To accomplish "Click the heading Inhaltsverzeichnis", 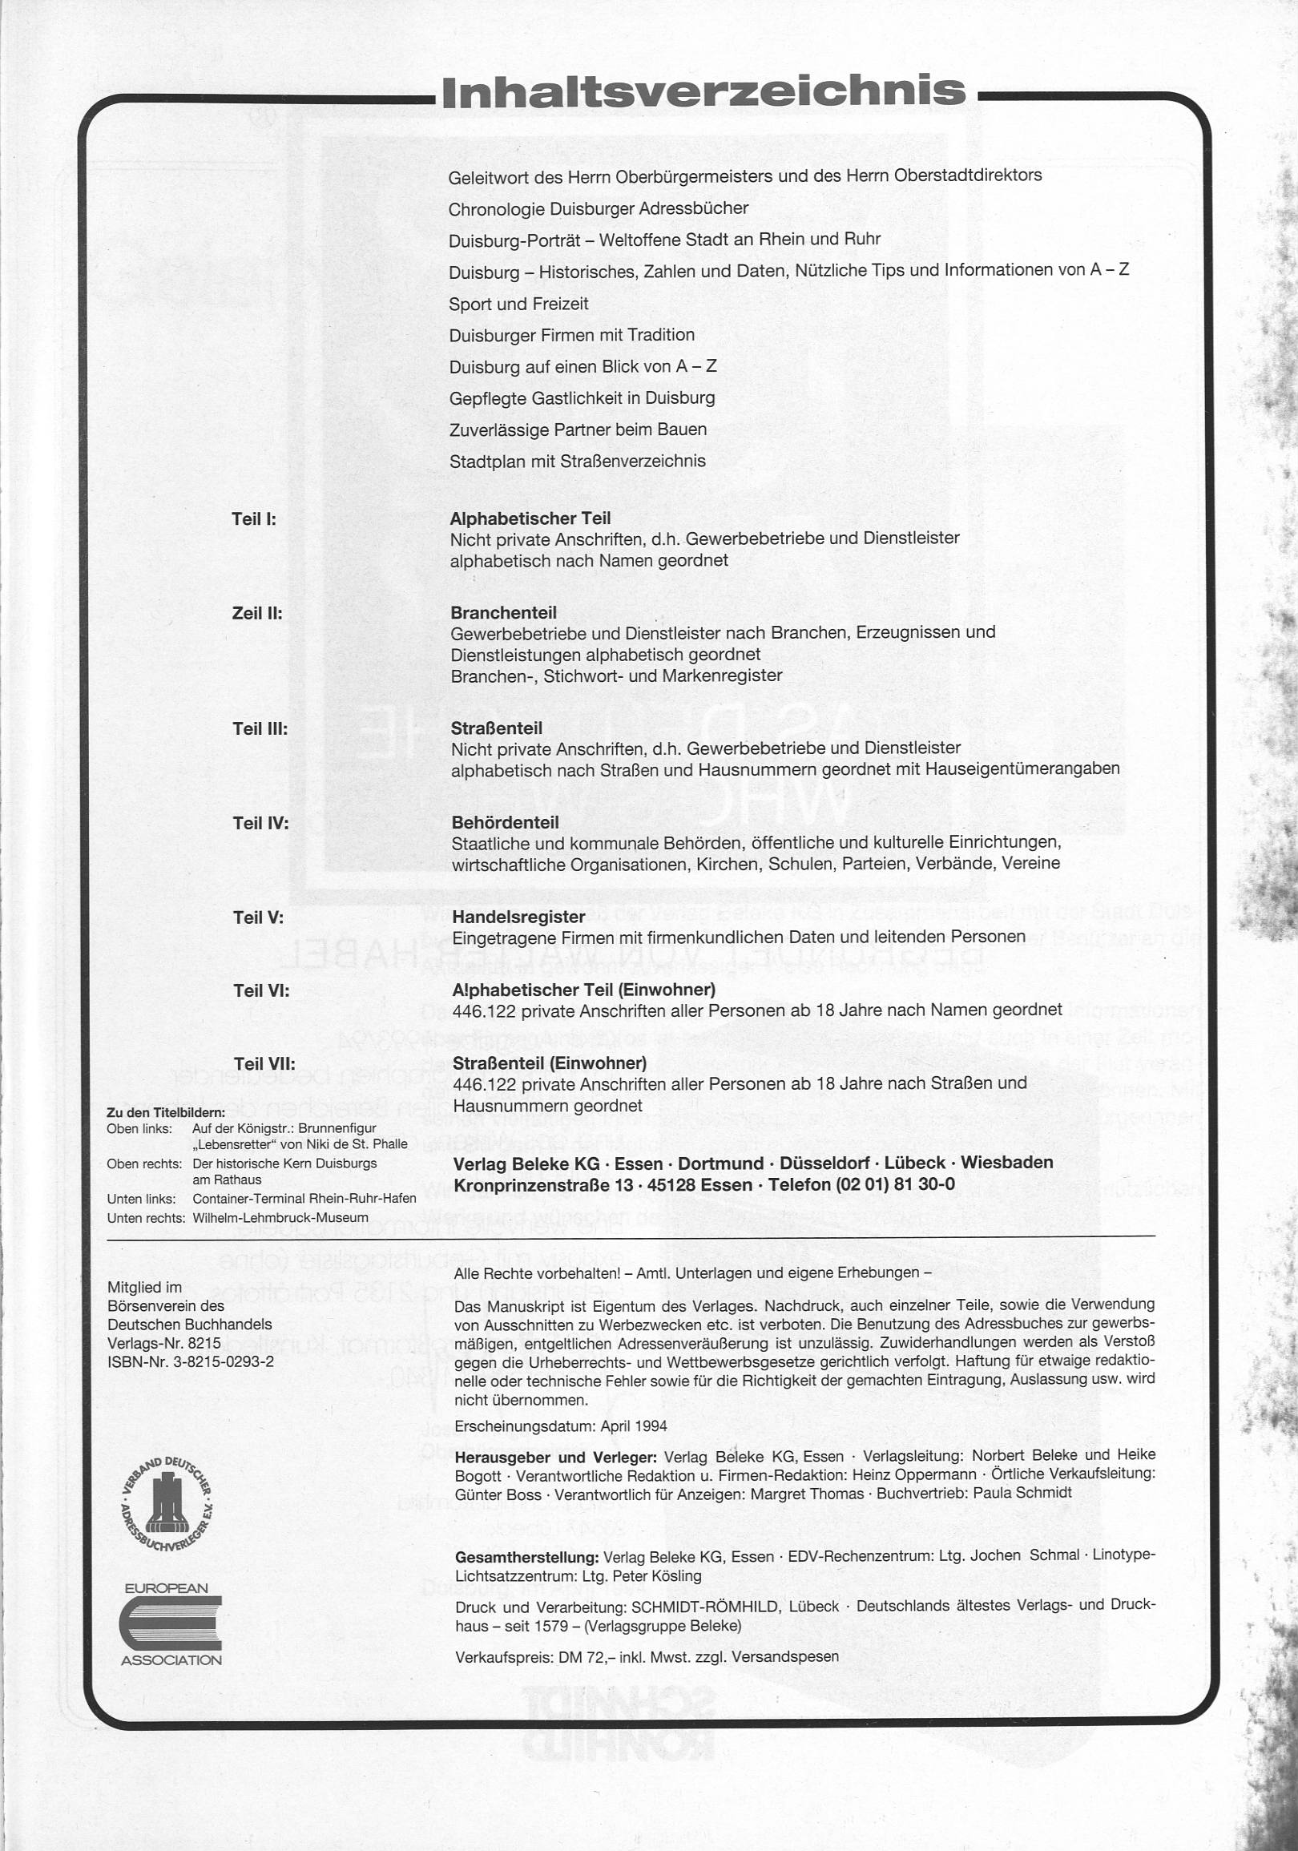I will click(703, 91).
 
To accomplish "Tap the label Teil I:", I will click(254, 519).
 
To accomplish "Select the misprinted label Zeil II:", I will click(257, 614).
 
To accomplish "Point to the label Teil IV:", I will click(260, 823).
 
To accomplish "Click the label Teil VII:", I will click(264, 1064).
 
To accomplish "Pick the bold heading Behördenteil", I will click(505, 822).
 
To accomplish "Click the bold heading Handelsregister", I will click(518, 917).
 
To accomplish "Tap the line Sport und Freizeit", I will click(518, 304).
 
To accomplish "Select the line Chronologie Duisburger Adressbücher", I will click(599, 208).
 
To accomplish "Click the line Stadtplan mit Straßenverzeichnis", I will click(577, 461).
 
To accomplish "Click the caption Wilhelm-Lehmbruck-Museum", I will click(280, 1218).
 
